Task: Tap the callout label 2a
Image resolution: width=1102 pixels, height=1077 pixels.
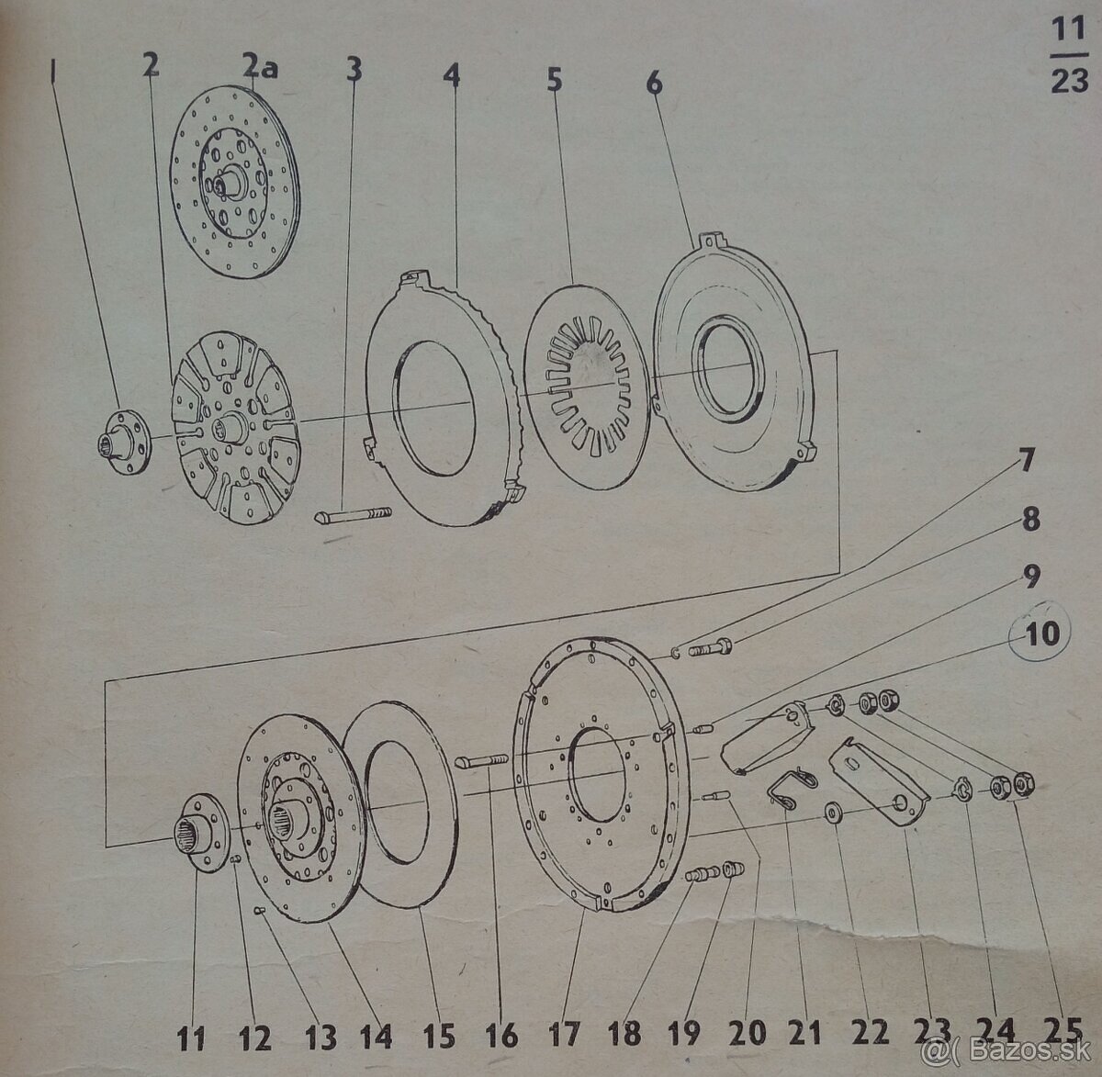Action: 261,67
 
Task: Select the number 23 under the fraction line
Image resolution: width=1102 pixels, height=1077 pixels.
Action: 1070,80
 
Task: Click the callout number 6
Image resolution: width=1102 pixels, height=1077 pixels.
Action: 653,84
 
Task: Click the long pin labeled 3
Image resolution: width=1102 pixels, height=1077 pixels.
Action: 353,515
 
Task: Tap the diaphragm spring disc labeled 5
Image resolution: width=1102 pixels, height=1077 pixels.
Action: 587,385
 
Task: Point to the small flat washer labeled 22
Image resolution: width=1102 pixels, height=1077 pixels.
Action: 831,813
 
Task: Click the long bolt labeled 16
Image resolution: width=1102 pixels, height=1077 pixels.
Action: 484,757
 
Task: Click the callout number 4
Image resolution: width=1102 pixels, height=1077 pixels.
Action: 451,77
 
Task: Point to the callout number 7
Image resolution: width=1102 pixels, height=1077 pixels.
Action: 1026,462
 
